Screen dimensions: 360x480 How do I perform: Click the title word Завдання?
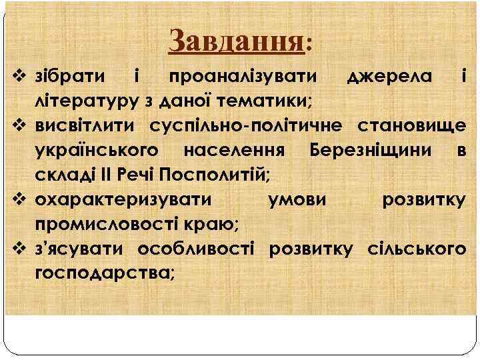coord(237,42)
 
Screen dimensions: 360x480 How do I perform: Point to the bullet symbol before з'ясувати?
coord(19,248)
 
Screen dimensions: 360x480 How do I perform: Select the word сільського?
coord(415,248)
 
